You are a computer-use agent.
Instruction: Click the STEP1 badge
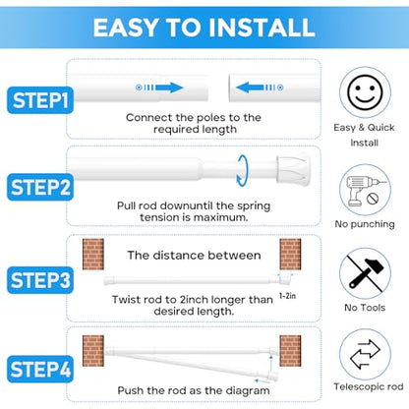click(x=40, y=100)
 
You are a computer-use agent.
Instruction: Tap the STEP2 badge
click(x=40, y=187)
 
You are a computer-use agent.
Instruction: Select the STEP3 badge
click(x=40, y=280)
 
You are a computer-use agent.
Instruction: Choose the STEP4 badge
click(x=40, y=369)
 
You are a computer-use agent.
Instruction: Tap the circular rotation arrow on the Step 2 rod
click(x=243, y=170)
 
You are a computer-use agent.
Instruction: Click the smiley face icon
click(x=365, y=92)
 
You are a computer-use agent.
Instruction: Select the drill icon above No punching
click(x=365, y=191)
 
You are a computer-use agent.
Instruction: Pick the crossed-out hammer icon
click(x=365, y=273)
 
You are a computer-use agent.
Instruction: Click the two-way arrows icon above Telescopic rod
click(x=365, y=354)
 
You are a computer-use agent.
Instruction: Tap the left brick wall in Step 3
click(x=93, y=255)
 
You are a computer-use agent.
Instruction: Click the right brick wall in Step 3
click(x=290, y=255)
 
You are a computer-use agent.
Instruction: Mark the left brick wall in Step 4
click(x=93, y=351)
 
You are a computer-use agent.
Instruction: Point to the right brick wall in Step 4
click(x=290, y=351)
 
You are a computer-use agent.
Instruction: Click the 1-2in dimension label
click(x=287, y=296)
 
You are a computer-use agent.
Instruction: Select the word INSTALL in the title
click(x=262, y=28)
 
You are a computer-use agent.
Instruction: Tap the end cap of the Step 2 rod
click(x=293, y=169)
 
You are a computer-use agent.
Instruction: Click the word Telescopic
click(x=356, y=387)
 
